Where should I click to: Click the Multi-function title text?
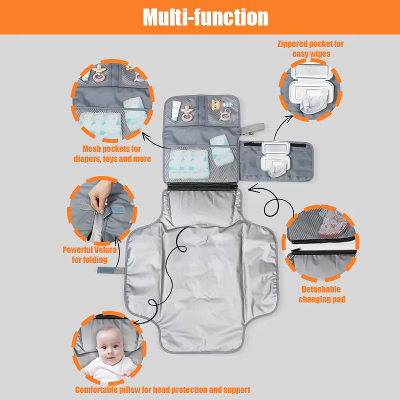coord(205,17)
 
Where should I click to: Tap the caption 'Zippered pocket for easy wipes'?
coord(310,48)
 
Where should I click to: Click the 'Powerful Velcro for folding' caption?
coord(88,254)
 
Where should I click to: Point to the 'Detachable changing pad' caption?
coord(321,294)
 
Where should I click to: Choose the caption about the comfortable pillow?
coord(163,389)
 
